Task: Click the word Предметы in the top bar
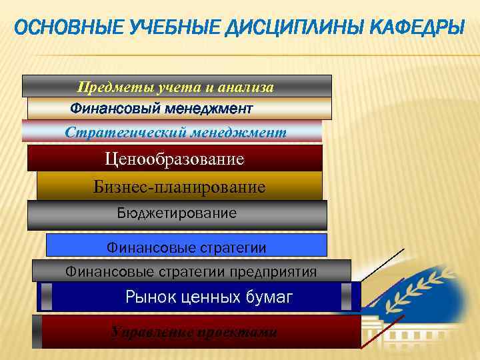coord(114,87)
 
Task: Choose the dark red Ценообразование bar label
coord(175,159)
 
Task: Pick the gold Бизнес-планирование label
coord(179,187)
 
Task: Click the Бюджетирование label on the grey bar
coord(177,213)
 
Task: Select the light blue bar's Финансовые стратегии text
coord(187,248)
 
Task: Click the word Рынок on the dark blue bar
coord(147,298)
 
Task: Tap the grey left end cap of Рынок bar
coord(46,297)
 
